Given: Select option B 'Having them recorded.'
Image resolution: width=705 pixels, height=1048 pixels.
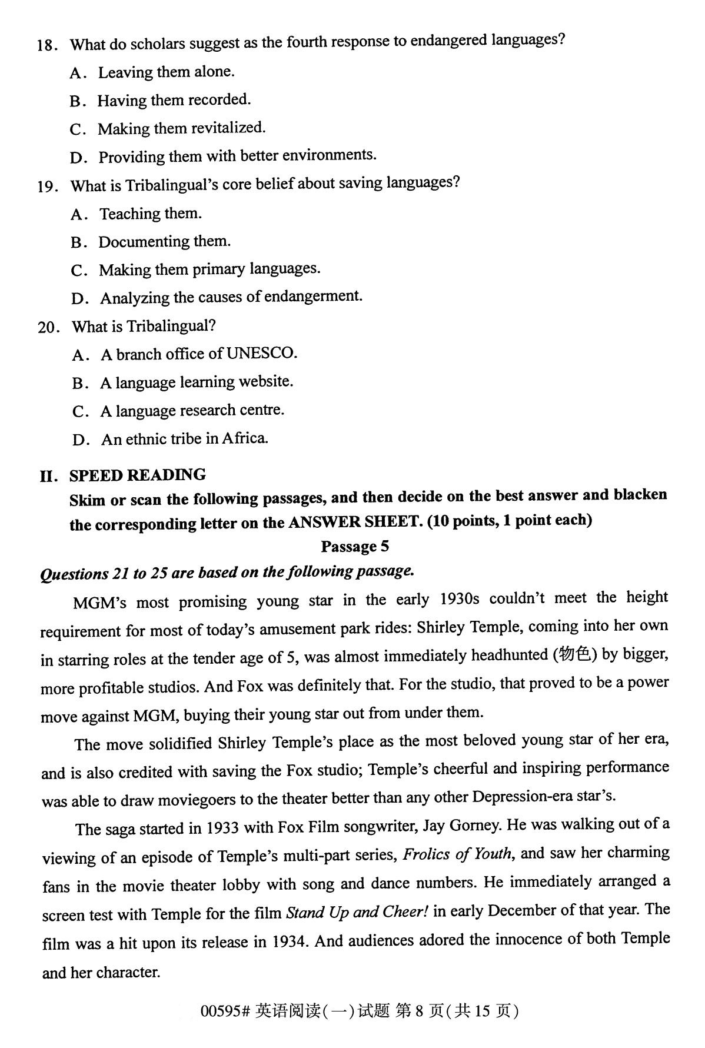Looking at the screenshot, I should [174, 101].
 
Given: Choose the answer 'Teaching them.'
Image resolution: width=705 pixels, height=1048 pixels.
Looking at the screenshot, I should [150, 214].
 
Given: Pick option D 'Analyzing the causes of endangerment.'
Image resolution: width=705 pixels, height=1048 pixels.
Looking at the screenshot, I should [231, 297].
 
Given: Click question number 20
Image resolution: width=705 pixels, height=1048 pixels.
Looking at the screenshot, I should [48, 327].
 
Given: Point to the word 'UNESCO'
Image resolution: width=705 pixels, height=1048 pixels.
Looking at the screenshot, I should [261, 353].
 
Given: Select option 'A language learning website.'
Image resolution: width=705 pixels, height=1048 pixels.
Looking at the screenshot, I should [196, 382].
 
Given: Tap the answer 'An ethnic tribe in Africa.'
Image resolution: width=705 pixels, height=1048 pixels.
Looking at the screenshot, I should [184, 439].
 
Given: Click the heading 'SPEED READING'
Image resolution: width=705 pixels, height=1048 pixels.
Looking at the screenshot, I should [138, 475].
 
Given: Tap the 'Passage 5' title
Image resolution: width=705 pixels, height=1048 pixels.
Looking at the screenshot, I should [355, 547].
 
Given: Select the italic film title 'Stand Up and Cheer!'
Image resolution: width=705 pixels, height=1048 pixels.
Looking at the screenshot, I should [357, 912].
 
